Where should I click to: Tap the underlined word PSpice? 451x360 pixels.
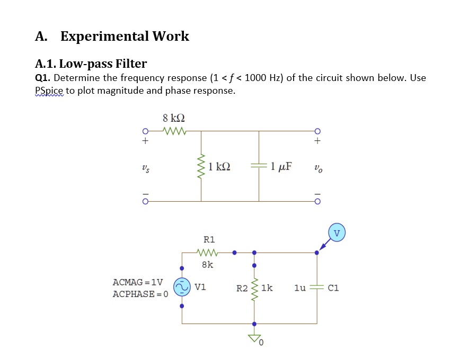(x=49, y=91)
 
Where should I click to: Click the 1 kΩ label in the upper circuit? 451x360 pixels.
(x=219, y=167)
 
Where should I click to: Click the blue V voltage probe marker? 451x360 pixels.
(x=337, y=232)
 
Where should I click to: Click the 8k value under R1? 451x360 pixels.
(x=208, y=264)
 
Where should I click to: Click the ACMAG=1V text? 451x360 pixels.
(x=138, y=282)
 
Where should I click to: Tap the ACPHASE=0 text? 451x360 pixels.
(x=140, y=294)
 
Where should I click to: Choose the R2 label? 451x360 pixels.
(x=242, y=289)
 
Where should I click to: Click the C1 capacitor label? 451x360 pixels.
(x=333, y=289)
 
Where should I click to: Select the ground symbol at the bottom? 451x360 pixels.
(x=255, y=339)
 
